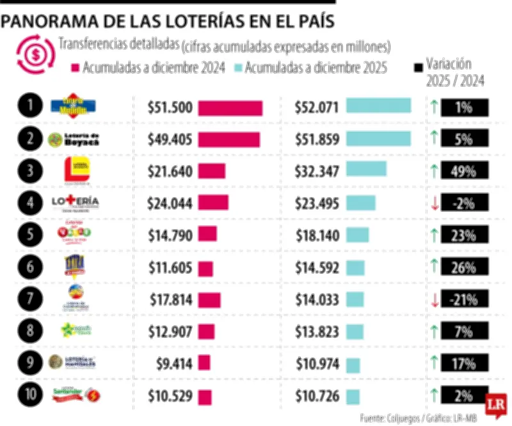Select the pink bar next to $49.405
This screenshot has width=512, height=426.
click(229, 139)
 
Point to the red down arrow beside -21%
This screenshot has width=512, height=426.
click(435, 299)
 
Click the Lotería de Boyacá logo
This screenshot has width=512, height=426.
click(75, 139)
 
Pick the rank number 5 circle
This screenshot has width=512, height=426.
click(28, 235)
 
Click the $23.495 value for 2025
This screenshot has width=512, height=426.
click(316, 203)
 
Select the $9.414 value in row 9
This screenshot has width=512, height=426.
click(175, 363)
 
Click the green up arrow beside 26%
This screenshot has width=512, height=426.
click(435, 267)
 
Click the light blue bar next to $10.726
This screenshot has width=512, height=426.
click(353, 396)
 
